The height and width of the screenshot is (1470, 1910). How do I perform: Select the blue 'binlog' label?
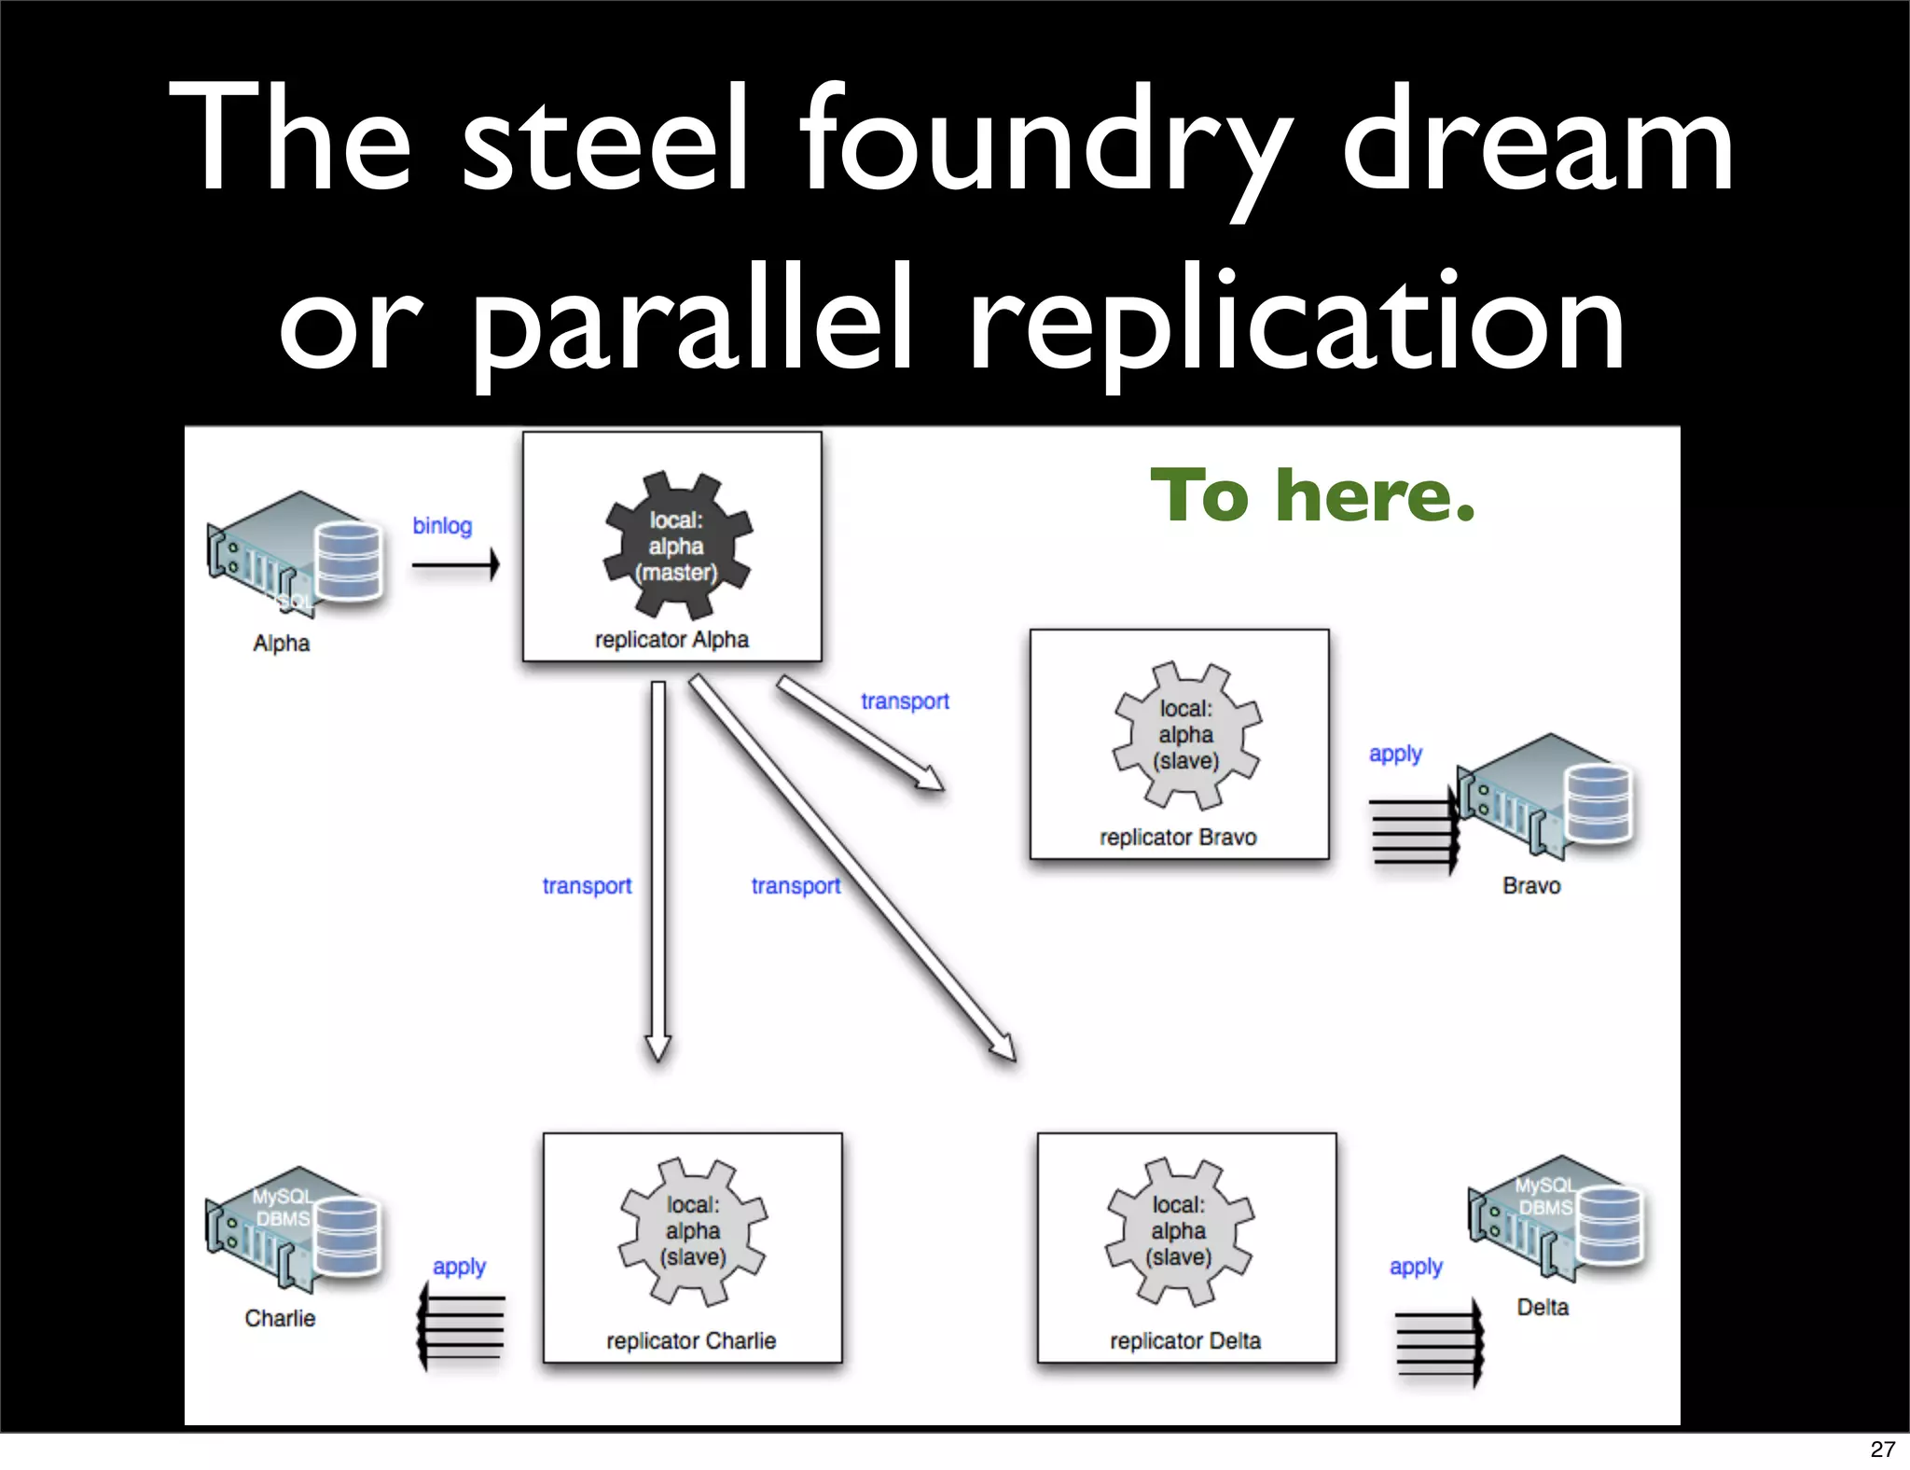click(442, 526)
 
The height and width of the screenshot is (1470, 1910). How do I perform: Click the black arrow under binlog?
click(455, 564)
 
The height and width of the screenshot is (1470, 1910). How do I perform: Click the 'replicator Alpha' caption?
click(671, 640)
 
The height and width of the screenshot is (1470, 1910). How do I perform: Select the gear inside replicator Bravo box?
click(1185, 735)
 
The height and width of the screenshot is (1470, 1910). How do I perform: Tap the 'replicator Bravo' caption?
click(1178, 838)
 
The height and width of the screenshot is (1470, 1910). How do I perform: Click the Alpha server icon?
click(296, 552)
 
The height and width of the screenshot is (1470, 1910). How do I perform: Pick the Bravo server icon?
click(1546, 795)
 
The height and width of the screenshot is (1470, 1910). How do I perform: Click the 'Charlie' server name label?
click(280, 1318)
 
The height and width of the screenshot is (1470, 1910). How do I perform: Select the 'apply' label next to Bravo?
click(1395, 754)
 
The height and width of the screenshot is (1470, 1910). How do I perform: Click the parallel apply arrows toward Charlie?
click(462, 1325)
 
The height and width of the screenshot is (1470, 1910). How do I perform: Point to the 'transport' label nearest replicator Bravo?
click(905, 701)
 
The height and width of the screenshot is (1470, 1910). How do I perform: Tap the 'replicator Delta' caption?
click(1184, 1341)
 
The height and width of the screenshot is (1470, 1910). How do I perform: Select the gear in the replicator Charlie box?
click(692, 1231)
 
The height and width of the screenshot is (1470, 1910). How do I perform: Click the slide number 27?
click(1882, 1449)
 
